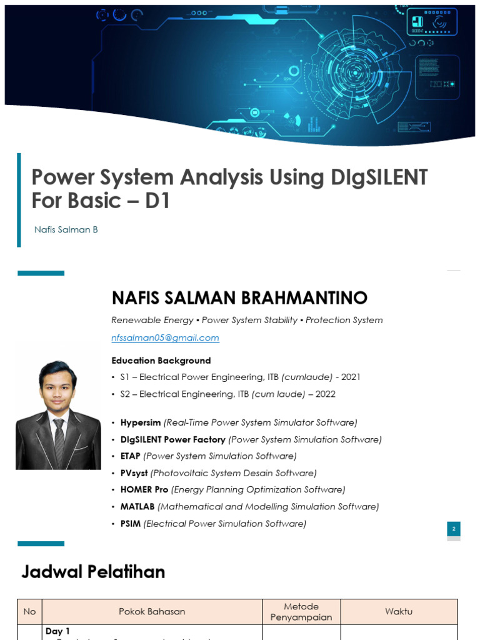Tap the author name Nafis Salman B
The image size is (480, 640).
coord(66,229)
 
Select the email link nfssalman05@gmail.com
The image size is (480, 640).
coord(165,337)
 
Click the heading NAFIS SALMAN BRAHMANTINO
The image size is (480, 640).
coord(239,297)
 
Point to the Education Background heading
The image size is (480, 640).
coord(161,361)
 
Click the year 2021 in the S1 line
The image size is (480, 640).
coord(351,377)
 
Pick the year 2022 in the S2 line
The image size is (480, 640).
coord(326,394)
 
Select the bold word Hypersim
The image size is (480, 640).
coord(141,422)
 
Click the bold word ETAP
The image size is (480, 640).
coord(131,456)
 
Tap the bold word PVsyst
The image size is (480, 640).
coord(134,473)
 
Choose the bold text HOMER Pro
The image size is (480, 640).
coord(144,489)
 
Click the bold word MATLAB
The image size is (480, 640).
coord(137,506)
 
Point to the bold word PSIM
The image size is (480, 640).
coord(131,523)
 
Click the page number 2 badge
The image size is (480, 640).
coord(454,529)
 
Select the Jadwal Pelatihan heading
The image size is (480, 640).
coord(93,571)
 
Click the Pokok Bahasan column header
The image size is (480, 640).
coord(152,611)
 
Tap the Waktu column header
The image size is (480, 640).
coord(399,611)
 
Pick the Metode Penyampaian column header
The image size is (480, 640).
coord(301,611)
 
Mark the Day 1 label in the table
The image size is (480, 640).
coord(58,631)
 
